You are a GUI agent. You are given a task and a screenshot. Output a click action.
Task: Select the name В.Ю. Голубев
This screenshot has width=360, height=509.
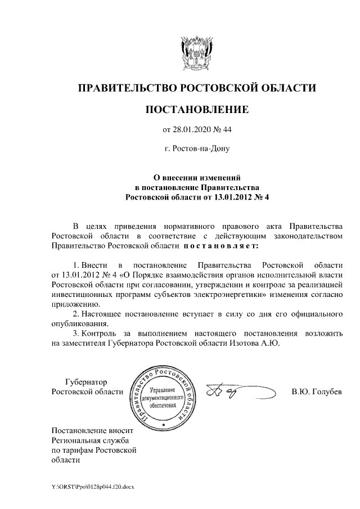317,391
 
